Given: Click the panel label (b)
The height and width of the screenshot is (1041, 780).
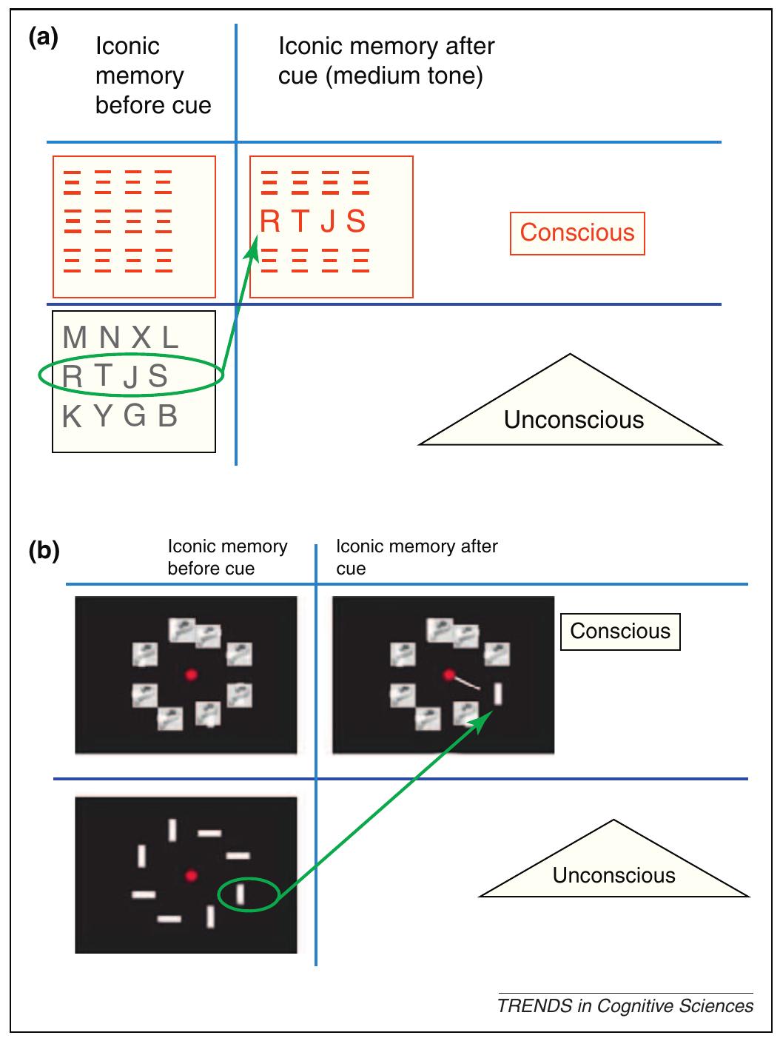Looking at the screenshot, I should (44, 552).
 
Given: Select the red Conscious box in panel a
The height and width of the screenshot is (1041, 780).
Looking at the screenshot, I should (577, 233).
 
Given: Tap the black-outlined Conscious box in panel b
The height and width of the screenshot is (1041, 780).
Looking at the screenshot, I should (620, 632).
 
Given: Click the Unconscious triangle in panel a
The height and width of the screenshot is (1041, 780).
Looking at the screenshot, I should (573, 415).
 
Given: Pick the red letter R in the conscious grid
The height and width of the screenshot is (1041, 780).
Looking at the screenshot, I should (270, 221).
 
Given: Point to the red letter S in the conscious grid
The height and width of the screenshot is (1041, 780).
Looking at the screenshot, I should (356, 221).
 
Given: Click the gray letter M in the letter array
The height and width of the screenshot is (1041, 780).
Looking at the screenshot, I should (75, 338).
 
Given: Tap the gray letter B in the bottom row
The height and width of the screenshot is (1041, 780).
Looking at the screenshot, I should (168, 416).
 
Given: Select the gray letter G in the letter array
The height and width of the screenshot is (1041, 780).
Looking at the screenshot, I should (134, 416).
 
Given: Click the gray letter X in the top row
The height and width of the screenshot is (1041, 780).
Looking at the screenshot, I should (141, 338).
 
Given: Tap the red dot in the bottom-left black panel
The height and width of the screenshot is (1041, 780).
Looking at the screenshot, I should (191, 876).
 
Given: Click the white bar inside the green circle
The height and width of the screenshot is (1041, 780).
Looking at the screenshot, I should (240, 894).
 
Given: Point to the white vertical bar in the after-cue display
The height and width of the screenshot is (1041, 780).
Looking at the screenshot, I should (498, 694).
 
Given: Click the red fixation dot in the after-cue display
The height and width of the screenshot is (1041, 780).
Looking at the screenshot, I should (448, 675).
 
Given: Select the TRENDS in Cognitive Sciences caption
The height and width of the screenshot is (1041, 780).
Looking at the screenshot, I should (625, 1006).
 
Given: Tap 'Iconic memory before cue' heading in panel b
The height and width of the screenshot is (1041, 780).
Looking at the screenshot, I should (226, 558).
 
